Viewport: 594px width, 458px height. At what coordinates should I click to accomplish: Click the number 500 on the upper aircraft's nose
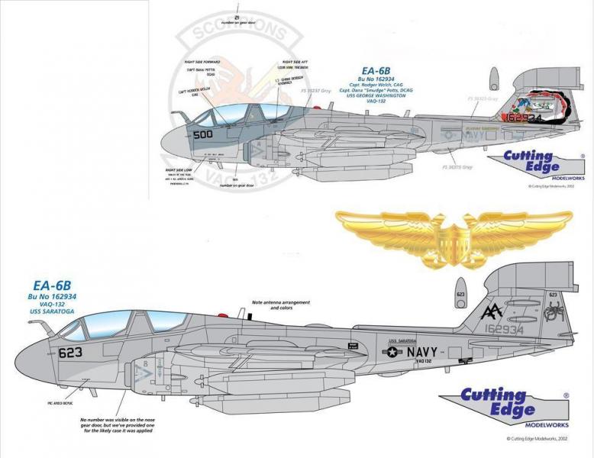(x=203, y=134)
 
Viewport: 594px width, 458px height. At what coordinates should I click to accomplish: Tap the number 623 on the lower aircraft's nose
(x=71, y=353)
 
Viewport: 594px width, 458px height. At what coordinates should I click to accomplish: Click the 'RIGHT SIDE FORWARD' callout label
(x=202, y=61)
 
